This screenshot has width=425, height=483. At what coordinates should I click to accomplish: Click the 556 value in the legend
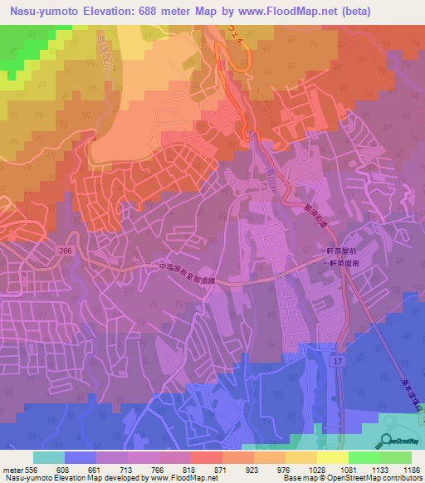pyautogui.click(x=25, y=469)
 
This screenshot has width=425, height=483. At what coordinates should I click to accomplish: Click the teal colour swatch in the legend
pyautogui.click(x=49, y=457)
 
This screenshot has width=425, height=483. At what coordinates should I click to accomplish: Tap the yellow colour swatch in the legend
pyautogui.click(x=333, y=457)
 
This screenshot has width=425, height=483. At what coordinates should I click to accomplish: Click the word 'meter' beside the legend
pyautogui.click(x=9, y=469)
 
